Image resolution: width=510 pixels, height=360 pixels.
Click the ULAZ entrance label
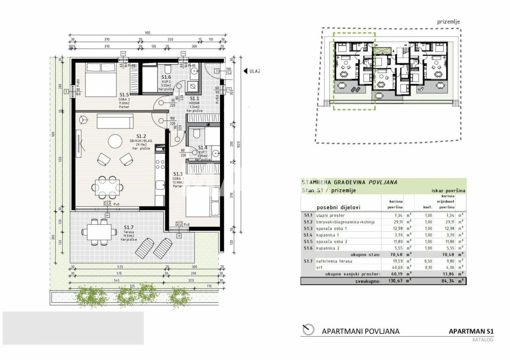point(254,71)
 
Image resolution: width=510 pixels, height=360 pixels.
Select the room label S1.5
point(124,95)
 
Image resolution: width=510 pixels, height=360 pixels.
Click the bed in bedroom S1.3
point(203,202)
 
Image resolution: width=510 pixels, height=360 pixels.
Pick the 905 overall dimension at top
point(148,33)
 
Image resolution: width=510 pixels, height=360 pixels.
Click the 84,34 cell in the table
point(447,281)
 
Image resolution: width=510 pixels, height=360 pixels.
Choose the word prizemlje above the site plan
point(448,22)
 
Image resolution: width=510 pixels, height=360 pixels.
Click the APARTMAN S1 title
point(471,331)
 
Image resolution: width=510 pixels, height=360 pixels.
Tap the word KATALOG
point(483,340)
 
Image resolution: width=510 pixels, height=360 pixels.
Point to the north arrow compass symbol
point(308,330)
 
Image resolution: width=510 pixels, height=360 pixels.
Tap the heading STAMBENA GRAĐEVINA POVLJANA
point(349,182)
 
